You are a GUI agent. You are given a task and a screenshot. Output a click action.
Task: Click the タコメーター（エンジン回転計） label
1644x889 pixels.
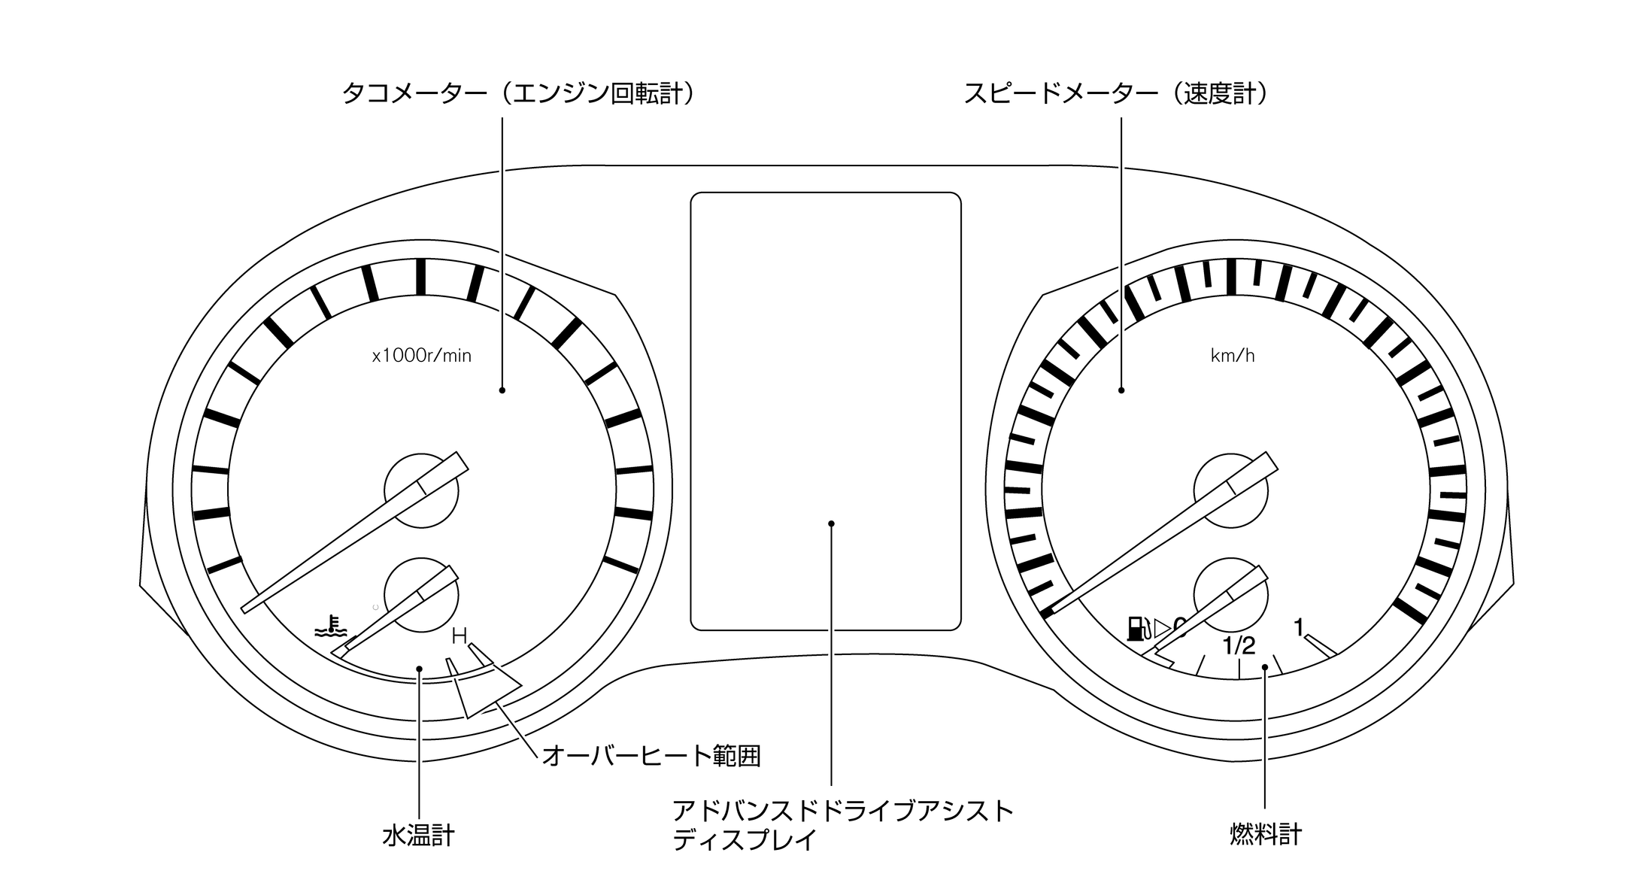518,94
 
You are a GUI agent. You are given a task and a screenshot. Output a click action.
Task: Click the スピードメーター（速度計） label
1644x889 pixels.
1117,94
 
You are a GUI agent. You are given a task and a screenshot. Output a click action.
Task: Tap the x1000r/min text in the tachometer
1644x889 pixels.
422,356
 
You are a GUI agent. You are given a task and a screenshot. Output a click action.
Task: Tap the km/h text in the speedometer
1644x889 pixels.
1233,356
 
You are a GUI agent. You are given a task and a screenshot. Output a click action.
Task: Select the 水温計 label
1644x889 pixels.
418,836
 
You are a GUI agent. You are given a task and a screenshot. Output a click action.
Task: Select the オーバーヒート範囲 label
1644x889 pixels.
651,755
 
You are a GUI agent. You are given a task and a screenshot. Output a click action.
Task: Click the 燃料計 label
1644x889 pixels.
1266,834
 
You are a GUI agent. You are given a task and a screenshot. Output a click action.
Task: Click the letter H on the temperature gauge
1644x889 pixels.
459,637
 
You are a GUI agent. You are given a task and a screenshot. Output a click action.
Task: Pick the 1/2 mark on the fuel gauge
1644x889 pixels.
1239,646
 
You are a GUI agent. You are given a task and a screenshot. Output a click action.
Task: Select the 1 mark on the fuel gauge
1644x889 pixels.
1298,627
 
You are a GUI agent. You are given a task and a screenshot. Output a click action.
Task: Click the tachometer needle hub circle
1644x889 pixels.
421,490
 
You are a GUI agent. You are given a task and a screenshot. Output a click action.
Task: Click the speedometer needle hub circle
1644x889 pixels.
1231,490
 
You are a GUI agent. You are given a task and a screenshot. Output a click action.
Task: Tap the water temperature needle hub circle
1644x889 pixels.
421,594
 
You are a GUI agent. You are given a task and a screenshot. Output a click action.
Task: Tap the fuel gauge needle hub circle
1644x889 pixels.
1231,594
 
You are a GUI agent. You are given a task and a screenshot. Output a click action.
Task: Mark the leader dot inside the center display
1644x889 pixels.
831,523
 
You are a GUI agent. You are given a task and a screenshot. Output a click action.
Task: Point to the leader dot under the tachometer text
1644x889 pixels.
502,390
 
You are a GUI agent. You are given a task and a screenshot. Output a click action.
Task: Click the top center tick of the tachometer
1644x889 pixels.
421,277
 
